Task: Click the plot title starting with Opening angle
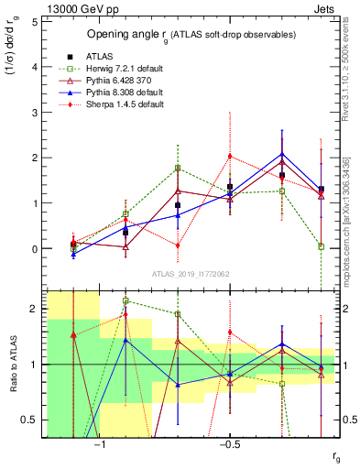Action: (191, 34)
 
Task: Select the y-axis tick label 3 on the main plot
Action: (35, 112)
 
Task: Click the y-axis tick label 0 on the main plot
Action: (35, 249)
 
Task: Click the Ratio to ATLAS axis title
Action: (12, 365)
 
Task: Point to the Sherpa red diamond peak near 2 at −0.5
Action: (230, 156)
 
